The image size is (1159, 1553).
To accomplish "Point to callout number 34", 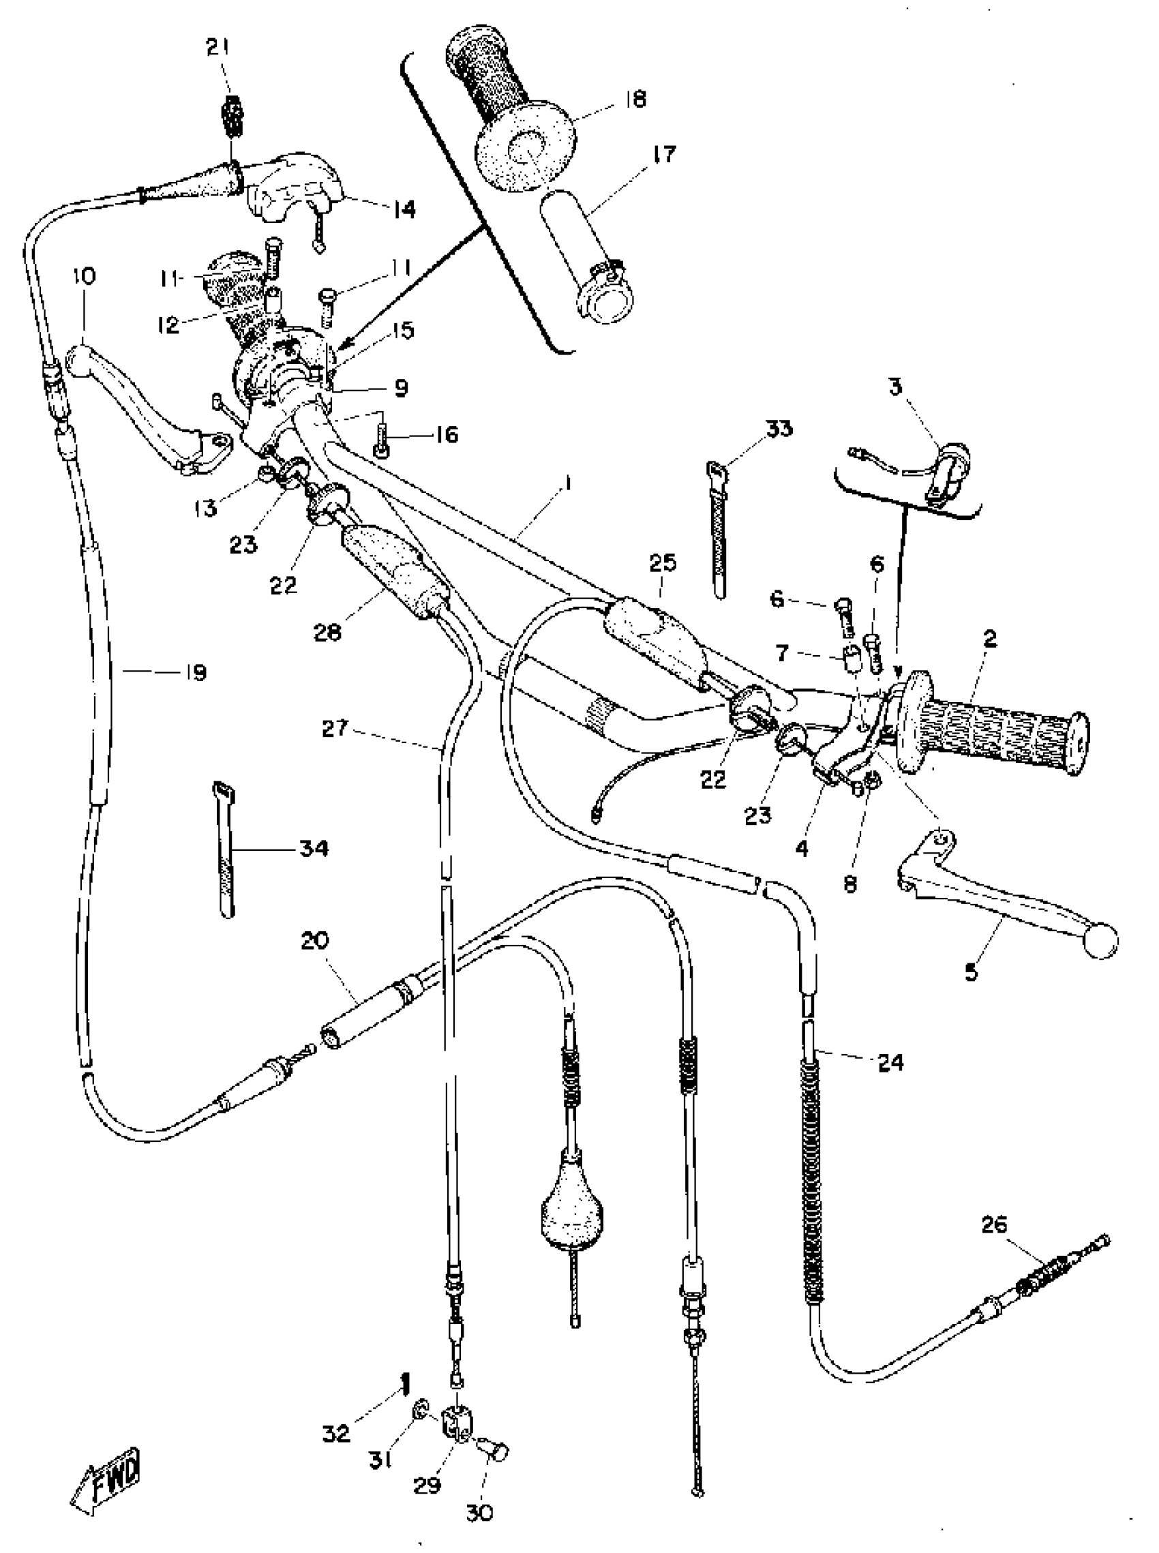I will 314,849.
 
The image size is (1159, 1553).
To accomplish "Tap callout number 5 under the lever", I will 971,973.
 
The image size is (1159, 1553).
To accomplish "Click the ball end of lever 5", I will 1100,942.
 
